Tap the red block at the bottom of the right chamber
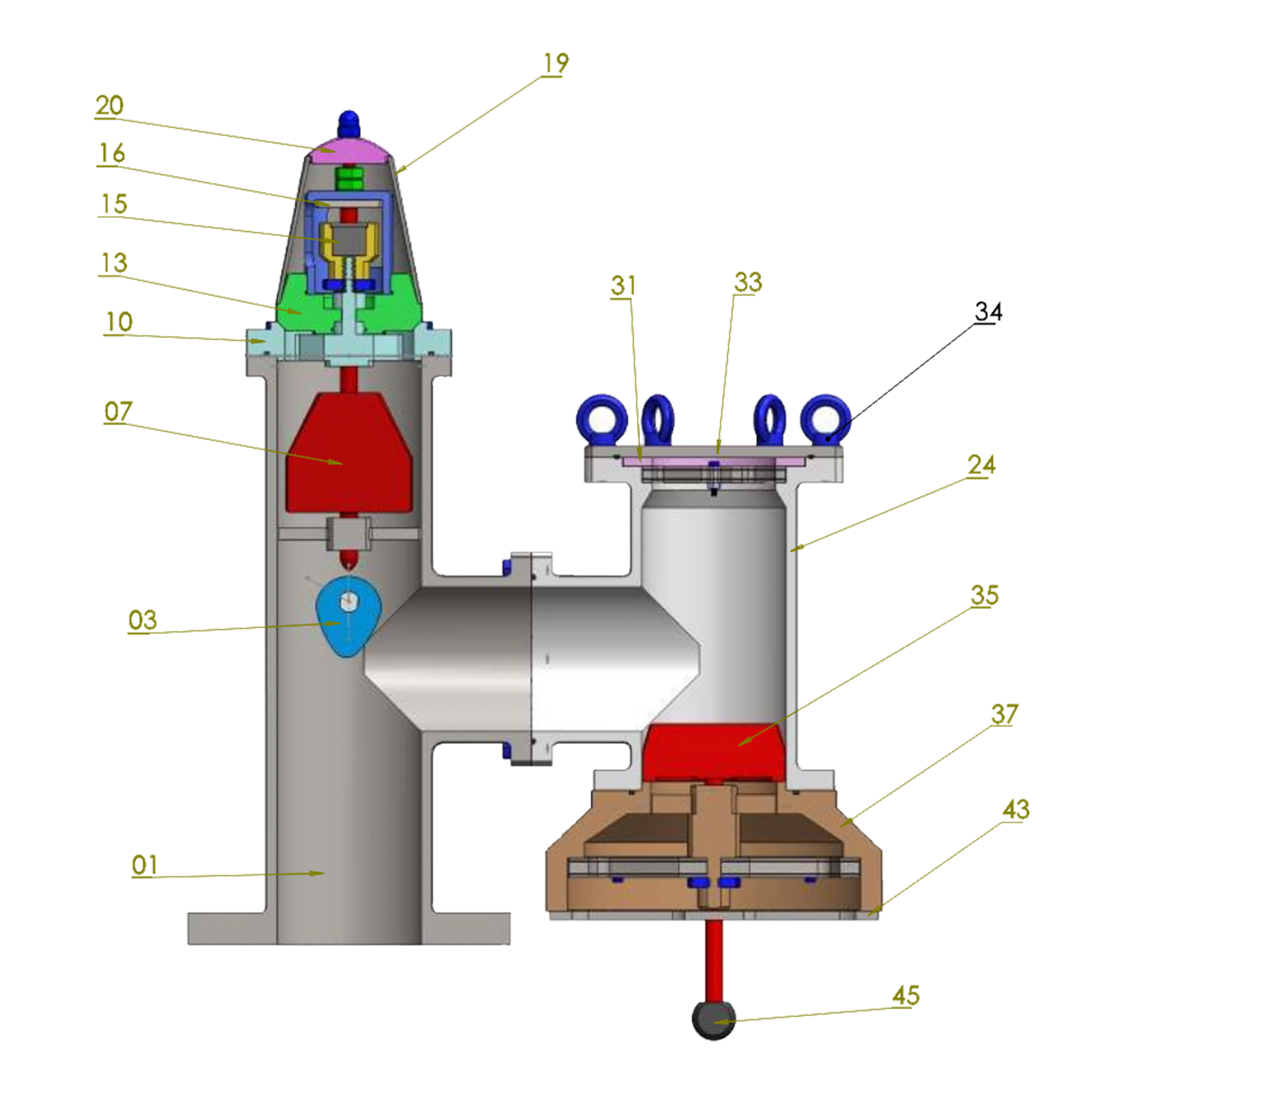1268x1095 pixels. (715, 752)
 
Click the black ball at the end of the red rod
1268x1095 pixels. (714, 1020)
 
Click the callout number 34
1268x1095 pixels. (988, 313)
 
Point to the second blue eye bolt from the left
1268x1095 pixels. (658, 420)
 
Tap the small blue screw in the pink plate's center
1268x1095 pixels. (714, 475)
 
